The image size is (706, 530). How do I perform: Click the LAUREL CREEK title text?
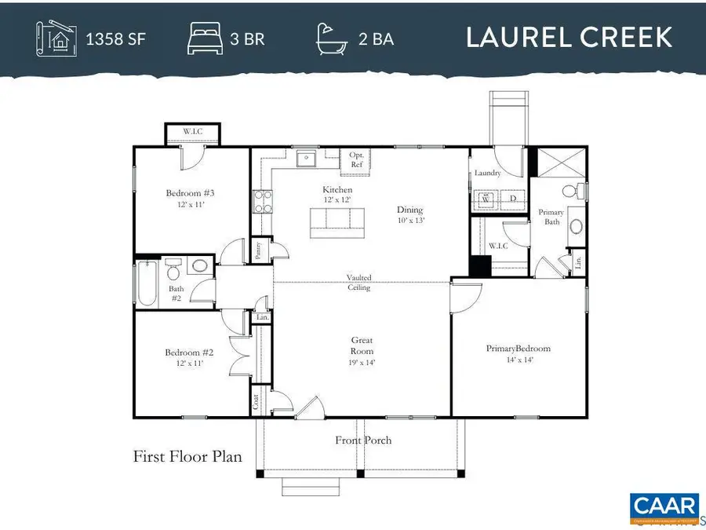[569, 38]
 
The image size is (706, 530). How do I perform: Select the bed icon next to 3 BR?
[205, 38]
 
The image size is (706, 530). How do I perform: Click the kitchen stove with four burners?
[261, 202]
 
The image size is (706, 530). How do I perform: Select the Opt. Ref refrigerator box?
[356, 161]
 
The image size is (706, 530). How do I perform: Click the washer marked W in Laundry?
[486, 199]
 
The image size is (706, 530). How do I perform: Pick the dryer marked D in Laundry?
[512, 199]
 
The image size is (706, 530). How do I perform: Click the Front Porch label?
[363, 440]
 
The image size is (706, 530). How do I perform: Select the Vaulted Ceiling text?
[360, 283]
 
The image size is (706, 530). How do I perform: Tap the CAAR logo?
[664, 507]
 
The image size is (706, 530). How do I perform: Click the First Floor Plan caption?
[187, 456]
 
